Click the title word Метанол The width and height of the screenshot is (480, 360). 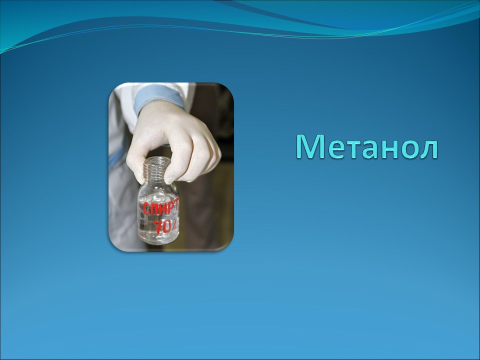click(366, 147)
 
